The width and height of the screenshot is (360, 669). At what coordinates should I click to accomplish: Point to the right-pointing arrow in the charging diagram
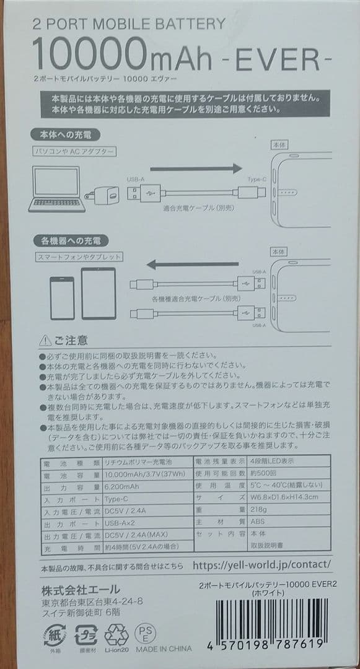[x=195, y=168]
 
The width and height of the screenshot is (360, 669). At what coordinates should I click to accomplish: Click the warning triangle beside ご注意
[x=45, y=340]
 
